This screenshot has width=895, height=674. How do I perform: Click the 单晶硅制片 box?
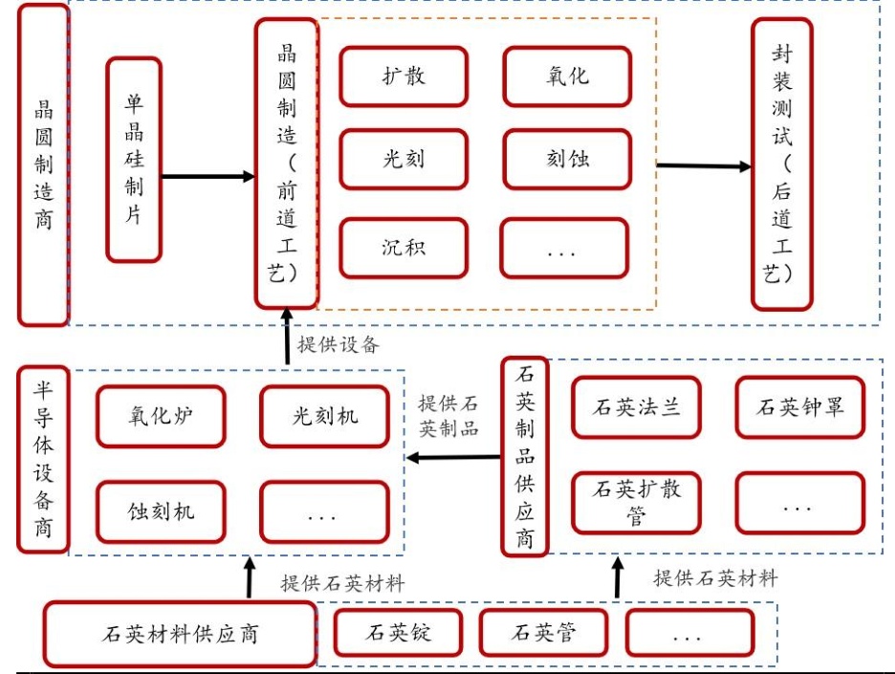coord(134,160)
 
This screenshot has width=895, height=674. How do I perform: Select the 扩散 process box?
coord(403,75)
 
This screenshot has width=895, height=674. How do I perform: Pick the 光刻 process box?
coord(403,160)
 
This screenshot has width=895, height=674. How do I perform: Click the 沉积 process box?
coord(403,248)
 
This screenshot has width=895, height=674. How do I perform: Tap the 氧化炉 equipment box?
coord(161,416)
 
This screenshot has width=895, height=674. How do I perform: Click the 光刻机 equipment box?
coord(324,416)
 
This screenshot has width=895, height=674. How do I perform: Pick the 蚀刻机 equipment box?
coord(161,511)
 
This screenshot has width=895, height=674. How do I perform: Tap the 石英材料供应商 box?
coord(180,633)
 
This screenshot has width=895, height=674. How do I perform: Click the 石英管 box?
coord(543,633)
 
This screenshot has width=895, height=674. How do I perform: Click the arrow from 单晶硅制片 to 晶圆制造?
coord(207,177)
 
